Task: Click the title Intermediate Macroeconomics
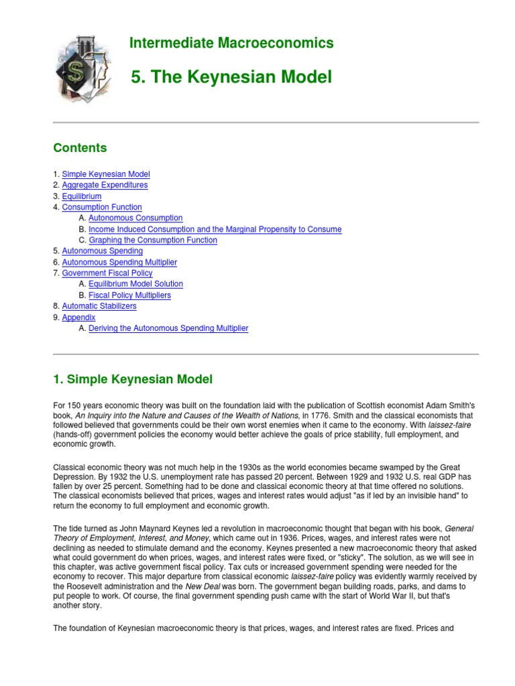231,44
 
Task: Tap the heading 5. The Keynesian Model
231,78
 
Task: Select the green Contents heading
80,147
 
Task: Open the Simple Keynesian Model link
106,174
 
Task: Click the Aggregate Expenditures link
105,185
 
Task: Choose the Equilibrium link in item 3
82,196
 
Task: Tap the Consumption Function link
102,207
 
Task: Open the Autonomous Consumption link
135,218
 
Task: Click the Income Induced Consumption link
215,229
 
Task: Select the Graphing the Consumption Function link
153,240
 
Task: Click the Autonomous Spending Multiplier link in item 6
119,262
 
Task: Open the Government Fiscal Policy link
107,273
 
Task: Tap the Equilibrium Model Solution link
135,283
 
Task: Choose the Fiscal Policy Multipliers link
129,295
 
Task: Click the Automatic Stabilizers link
99,305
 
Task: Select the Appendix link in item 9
78,317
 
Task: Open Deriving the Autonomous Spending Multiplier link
168,328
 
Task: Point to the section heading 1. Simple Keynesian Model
133,379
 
